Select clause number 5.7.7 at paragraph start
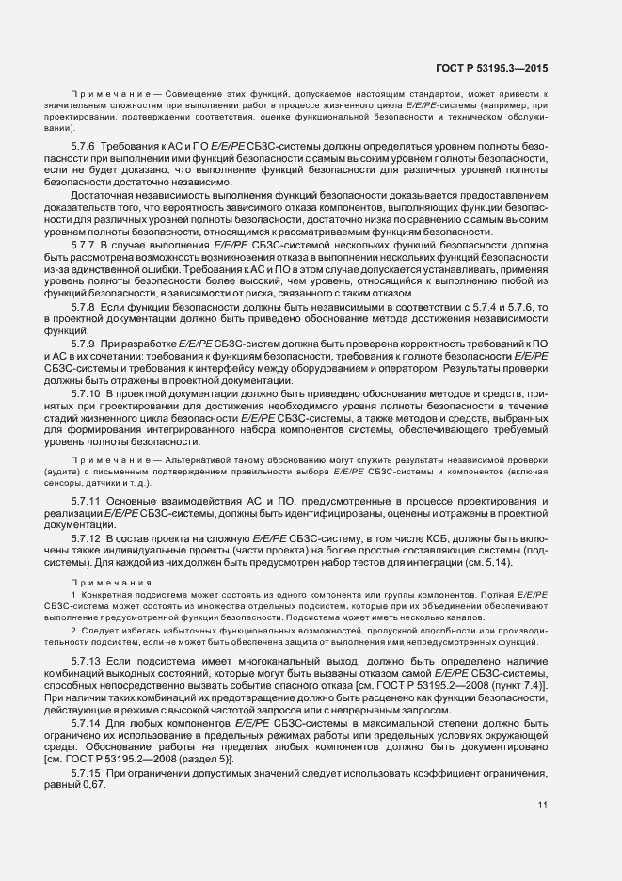click(84, 243)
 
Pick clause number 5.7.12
click(87, 537)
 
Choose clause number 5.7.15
click(87, 772)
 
